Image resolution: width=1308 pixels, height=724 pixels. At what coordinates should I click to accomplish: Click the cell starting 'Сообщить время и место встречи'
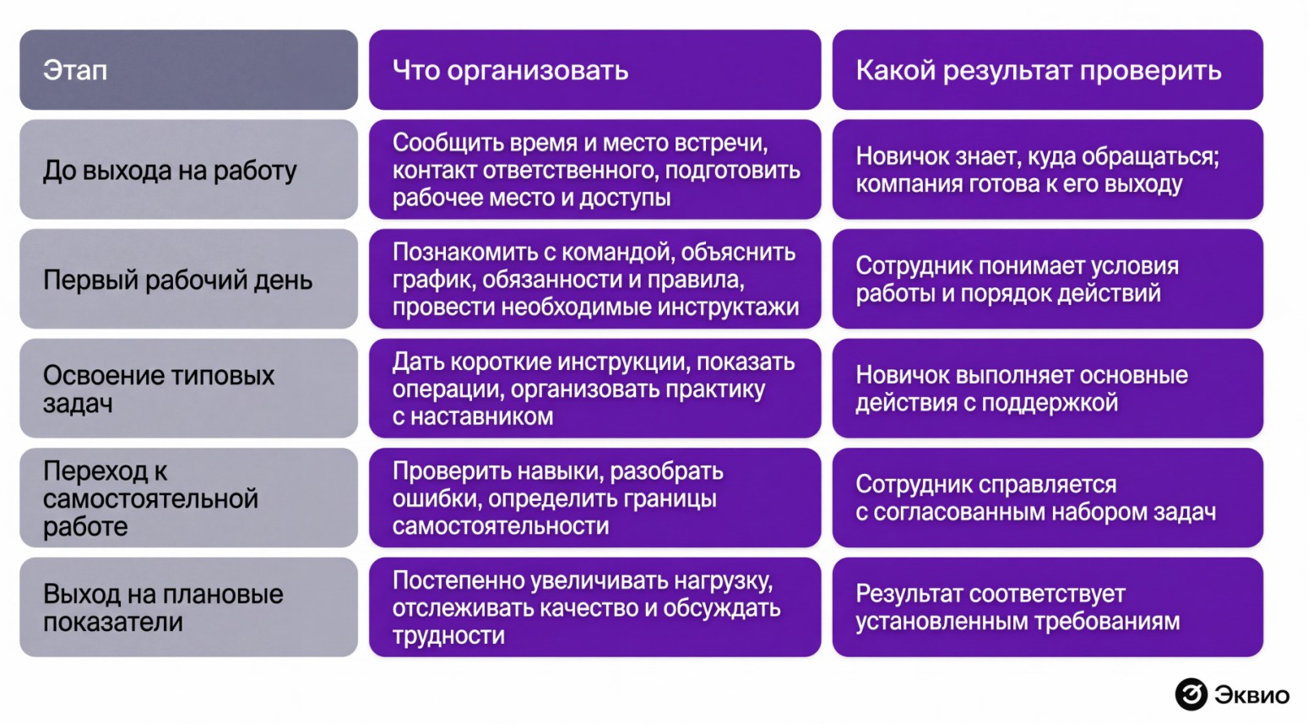[x=595, y=170]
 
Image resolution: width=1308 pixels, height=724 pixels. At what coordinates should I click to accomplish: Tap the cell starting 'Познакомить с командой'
[x=595, y=279]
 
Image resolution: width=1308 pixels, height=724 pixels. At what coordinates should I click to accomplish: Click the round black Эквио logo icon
[x=1191, y=694]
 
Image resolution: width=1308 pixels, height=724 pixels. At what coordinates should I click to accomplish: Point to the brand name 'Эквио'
[x=1252, y=694]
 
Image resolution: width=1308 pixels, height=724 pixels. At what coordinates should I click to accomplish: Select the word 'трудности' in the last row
[x=448, y=635]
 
